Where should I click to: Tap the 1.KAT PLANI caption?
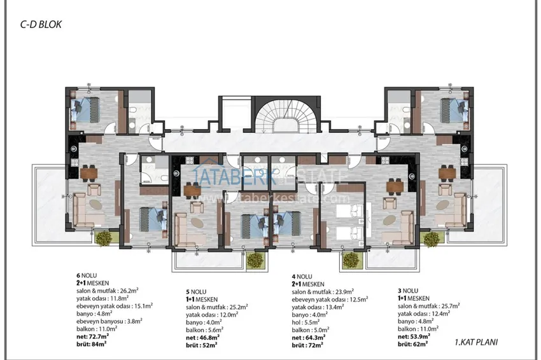(475, 342)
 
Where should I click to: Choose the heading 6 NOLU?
(85, 277)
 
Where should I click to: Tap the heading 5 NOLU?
(194, 291)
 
